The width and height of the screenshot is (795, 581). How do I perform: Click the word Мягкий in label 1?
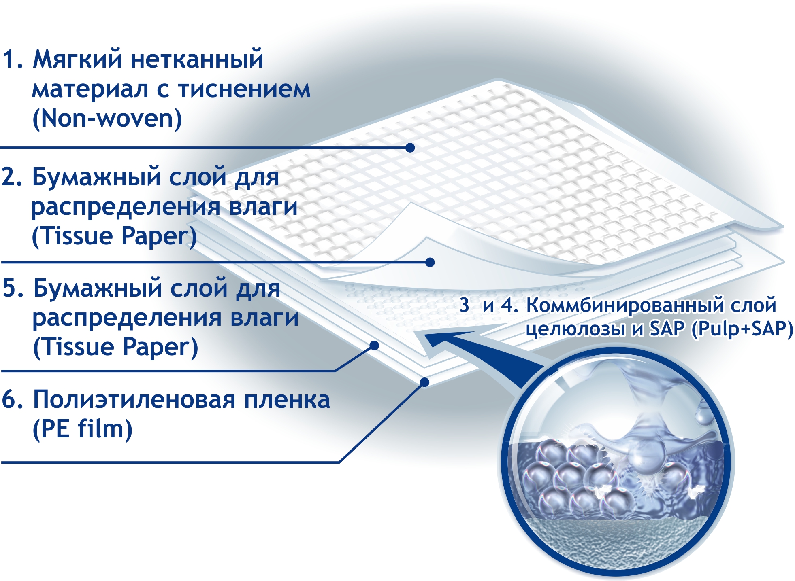77,59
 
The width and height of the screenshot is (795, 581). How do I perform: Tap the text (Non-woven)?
107,119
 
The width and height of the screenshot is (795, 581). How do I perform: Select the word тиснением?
244,89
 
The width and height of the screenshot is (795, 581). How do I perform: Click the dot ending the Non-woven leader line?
410,148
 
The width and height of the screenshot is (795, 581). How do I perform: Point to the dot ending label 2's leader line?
430,263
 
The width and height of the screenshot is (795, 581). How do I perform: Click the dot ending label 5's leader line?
374,346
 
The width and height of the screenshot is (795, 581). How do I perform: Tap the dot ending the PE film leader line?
424,382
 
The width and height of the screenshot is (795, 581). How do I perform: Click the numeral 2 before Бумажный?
9,177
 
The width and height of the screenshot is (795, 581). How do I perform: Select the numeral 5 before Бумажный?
10,288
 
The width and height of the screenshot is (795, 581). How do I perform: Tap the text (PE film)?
82,429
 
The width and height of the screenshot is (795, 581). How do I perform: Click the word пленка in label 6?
287,399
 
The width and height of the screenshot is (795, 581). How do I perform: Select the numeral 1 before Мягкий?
9,59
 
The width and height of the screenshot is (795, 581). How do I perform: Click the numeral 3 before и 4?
464,305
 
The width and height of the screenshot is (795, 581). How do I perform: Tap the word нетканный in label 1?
197,59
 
